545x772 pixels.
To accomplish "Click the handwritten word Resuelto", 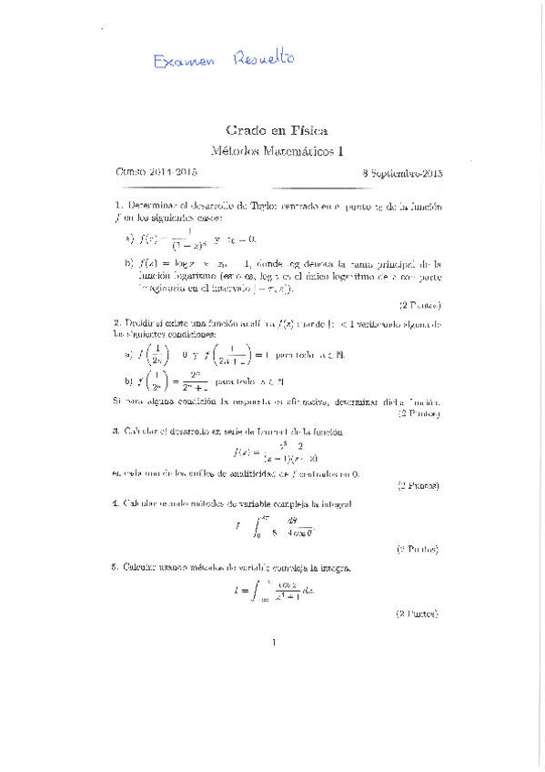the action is [x=265, y=57].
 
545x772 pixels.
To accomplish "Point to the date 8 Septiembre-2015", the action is [x=401, y=171].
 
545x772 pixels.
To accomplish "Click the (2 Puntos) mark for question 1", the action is [x=419, y=305].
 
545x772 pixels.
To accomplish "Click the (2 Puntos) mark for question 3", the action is [x=419, y=487].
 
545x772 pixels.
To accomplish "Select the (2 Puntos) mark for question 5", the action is [x=419, y=615].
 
